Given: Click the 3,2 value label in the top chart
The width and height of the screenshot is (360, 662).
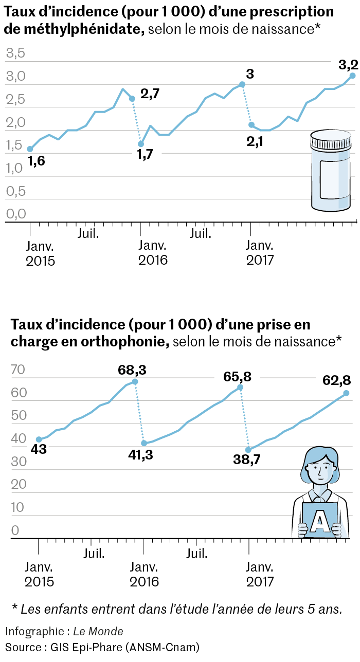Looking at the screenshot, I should point(348,65).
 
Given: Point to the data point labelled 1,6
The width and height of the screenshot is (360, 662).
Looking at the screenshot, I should point(30,149).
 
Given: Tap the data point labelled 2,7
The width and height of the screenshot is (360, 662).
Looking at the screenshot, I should point(132,99).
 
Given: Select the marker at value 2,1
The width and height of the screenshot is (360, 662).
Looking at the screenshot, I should point(251,125).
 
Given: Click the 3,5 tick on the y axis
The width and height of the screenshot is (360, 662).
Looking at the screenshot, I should point(15,52).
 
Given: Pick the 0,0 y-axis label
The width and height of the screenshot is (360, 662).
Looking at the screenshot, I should point(15,213).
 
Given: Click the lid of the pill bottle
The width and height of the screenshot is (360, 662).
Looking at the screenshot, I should point(331,140).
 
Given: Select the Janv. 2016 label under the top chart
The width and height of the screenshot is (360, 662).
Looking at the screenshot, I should point(153,252).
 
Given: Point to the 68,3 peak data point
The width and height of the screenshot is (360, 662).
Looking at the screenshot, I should point(135,382).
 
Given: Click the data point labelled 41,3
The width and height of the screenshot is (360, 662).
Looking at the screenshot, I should point(144,443).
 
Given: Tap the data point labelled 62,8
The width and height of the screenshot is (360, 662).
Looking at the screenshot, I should point(346,393).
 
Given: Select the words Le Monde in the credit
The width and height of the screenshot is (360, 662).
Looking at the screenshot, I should point(98,631).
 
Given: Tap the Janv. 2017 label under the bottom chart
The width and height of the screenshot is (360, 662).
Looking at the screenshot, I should point(260,575).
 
